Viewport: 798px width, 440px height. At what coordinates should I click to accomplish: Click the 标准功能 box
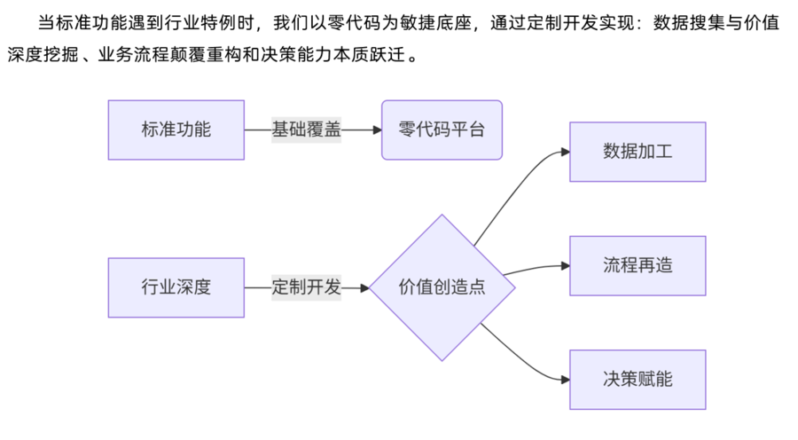coord(176,130)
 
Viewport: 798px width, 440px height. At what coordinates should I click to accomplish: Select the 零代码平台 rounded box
coord(442,130)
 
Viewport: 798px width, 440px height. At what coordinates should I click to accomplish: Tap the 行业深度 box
coord(176,287)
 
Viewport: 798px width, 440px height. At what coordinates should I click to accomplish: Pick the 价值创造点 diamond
coord(442,287)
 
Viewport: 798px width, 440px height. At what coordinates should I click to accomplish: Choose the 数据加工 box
coord(638,152)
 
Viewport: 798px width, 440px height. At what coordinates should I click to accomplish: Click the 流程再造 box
coord(638,265)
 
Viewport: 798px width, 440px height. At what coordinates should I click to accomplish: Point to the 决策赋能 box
coord(638,380)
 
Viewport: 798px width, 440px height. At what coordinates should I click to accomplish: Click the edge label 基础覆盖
coord(306,130)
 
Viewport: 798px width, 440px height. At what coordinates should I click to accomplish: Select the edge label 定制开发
coord(306,287)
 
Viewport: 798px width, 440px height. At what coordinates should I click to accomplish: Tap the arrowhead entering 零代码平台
coord(376,130)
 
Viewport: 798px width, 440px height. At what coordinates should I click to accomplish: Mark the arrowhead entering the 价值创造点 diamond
coord(364,287)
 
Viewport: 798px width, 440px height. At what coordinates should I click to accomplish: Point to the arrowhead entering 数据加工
coord(564,152)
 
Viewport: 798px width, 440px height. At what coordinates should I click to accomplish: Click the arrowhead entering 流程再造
coord(564,265)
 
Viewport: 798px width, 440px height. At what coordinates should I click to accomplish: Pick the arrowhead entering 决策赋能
coord(564,380)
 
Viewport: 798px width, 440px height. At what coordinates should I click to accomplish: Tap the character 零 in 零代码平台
coord(408,130)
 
